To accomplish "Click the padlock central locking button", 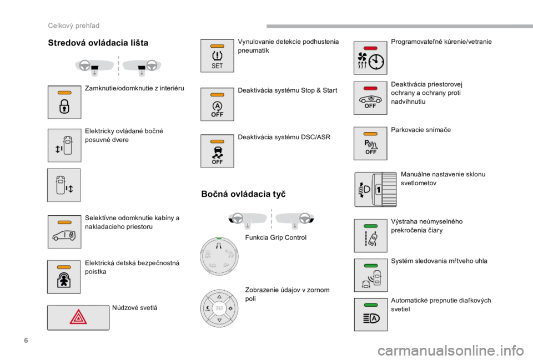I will point(64,102).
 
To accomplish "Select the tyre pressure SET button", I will point(217,55).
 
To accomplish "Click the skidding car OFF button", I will point(217,151).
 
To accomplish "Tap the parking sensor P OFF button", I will point(370,144).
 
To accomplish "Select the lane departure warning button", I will point(370,235).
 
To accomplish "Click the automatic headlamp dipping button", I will point(370,315).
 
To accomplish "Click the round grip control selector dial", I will point(220,256).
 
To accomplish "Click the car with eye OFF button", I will point(370,99).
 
